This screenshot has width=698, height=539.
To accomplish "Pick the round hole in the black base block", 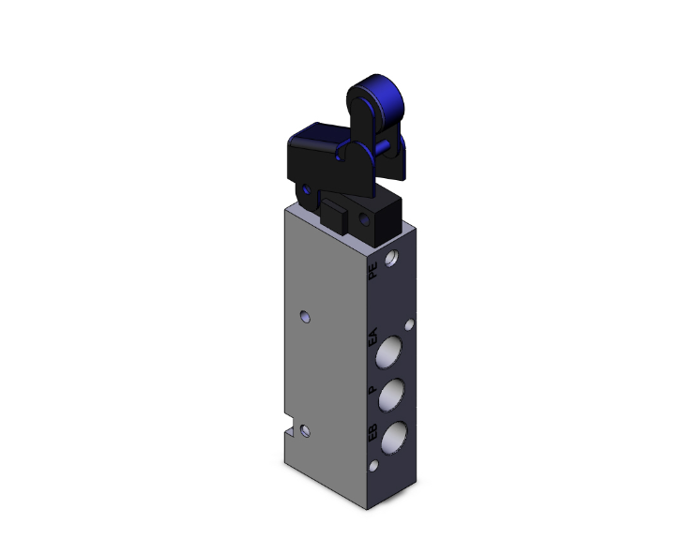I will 365,221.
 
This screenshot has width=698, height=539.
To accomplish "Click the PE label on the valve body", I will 373,272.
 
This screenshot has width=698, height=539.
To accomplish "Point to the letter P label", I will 372,388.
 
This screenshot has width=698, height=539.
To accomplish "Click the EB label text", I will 372,433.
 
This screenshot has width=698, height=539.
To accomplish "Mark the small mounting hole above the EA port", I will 408,325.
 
